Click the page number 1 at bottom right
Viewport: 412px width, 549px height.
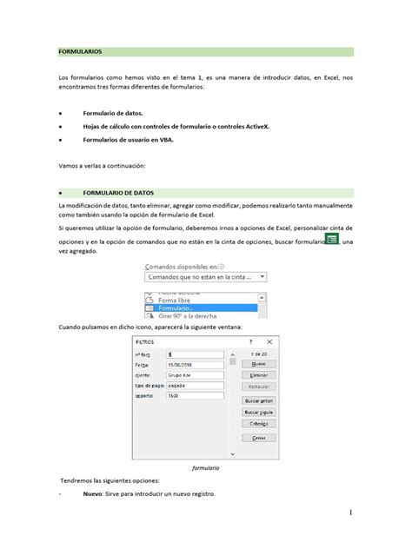click(350, 513)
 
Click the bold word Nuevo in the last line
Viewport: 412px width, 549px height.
click(92, 494)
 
